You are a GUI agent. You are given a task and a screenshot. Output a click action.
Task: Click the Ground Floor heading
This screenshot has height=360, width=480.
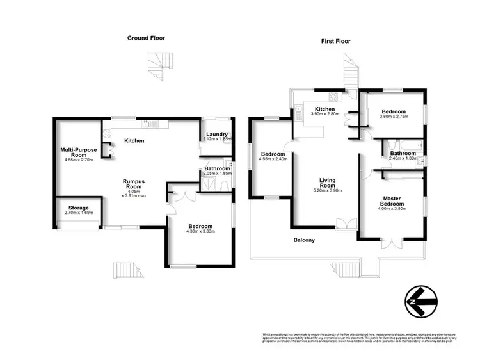[x=147, y=38]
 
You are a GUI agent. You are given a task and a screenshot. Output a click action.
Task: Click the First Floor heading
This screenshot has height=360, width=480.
[x=335, y=42]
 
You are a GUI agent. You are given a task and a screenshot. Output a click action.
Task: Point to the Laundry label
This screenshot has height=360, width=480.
[x=217, y=134]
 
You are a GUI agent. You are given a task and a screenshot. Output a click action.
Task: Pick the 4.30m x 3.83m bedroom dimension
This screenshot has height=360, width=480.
[x=200, y=233]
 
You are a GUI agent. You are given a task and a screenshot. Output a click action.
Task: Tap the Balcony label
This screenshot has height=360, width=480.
[x=304, y=240]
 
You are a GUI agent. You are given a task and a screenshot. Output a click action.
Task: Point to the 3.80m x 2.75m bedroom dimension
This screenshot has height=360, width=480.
[x=394, y=116]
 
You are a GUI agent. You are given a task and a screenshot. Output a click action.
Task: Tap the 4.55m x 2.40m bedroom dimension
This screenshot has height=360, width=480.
[x=272, y=158]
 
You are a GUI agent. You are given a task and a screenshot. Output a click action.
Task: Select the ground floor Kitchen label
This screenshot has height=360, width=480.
[x=134, y=141]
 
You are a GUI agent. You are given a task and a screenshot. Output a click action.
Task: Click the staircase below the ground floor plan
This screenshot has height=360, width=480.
[x=125, y=270]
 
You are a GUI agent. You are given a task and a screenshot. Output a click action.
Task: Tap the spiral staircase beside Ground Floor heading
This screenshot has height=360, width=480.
[x=157, y=65]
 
